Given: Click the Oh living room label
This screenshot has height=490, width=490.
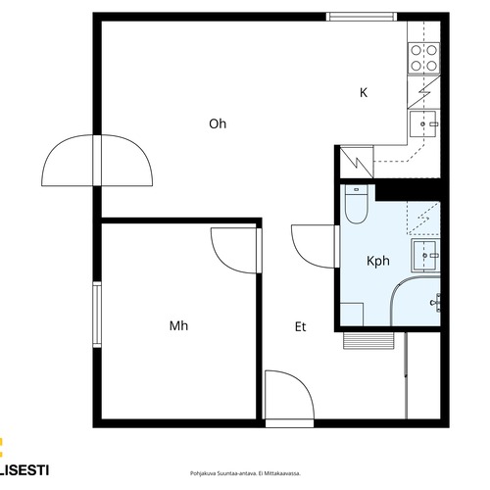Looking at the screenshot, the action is (x=218, y=123).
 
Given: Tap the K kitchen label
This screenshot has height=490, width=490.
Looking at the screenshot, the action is (x=364, y=92).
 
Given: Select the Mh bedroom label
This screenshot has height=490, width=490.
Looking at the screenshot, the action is (x=178, y=325).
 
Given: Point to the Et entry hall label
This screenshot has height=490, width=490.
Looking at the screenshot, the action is (x=300, y=326).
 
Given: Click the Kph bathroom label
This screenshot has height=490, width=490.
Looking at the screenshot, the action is (x=378, y=261).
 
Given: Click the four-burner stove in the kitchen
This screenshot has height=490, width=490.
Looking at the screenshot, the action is (x=423, y=58).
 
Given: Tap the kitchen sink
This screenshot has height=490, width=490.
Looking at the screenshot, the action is (x=423, y=123).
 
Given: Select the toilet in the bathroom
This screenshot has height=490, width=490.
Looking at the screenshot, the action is (x=357, y=204).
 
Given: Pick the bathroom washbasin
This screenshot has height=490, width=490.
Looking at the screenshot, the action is (x=425, y=255).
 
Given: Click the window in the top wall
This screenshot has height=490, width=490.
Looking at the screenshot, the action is (x=362, y=17).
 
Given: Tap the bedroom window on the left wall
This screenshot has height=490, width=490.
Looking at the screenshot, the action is (x=97, y=315).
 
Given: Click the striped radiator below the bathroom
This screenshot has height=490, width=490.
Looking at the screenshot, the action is (x=368, y=341).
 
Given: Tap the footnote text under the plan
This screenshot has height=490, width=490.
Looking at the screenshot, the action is (x=245, y=473).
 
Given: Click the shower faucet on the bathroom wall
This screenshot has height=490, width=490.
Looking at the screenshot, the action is (x=436, y=303).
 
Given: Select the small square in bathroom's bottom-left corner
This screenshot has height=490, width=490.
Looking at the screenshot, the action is (x=352, y=315).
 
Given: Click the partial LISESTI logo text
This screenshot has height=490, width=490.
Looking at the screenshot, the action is (x=24, y=470).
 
